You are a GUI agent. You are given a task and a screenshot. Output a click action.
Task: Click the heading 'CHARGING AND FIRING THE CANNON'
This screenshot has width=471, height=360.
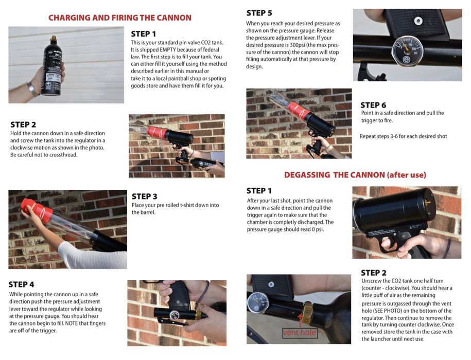[120, 17]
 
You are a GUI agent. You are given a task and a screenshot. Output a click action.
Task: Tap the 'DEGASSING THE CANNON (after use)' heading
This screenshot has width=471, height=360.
[355, 175]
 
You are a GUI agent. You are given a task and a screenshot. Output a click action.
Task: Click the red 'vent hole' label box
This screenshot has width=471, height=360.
[300, 332]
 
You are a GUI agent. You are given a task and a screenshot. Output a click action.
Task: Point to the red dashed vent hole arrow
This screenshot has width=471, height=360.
[300, 321]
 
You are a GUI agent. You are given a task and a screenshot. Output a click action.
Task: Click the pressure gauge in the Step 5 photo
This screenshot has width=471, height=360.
[407, 51]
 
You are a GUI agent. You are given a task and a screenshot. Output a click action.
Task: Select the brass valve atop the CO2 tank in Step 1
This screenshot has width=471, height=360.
[53, 39]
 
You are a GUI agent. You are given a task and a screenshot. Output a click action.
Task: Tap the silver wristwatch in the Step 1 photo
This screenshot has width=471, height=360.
[32, 89]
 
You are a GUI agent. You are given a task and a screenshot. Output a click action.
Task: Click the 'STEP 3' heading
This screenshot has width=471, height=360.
[144, 196]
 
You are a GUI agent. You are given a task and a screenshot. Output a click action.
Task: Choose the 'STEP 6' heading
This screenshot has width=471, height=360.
[373, 105]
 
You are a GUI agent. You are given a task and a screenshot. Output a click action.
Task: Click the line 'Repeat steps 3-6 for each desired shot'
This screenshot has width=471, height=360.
[403, 136]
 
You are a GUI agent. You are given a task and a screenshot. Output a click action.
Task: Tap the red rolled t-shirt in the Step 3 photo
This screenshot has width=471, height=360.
[36, 206]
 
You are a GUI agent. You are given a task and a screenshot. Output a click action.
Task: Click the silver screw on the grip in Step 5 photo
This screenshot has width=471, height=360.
[418, 21]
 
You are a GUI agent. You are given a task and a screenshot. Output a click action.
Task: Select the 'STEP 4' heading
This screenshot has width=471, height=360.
[21, 284]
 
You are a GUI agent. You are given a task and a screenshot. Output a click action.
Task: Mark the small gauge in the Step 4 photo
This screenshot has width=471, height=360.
[175, 315]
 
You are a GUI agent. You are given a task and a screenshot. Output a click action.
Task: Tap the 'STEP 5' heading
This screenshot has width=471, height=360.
[259, 13]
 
